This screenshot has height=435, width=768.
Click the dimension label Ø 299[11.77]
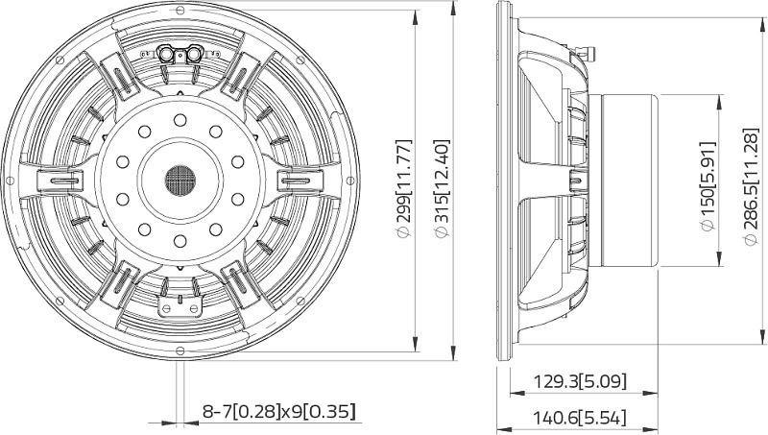[404, 188]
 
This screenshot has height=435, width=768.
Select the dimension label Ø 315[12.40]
[442, 188]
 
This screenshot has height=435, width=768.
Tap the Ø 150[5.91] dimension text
[708, 185]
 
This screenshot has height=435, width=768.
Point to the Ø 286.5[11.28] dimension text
[751, 186]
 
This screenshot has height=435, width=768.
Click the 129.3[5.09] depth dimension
[580, 380]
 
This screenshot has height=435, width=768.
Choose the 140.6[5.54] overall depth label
[580, 418]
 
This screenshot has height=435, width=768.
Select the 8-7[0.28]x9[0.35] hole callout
[279, 411]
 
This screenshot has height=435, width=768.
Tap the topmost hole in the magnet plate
[180, 120]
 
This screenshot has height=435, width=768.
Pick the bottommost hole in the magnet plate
[180, 240]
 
